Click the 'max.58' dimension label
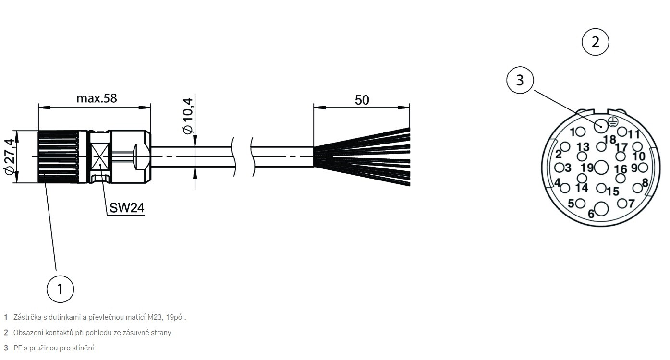click(97, 98)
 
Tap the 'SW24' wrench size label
click(127, 207)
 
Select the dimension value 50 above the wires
click(362, 100)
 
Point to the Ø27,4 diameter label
click(10, 156)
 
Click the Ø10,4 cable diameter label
click(188, 116)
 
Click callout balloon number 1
click(60, 289)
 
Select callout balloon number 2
click(595, 42)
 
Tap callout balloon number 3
click(520, 80)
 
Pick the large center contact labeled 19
click(601, 168)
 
